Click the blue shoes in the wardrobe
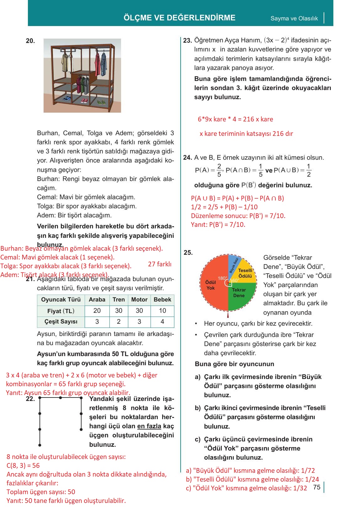point(67,99)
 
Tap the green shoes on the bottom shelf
point(101,102)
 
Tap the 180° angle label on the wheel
point(222,278)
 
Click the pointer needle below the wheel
point(228,314)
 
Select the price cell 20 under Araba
point(97,311)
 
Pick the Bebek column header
point(162,300)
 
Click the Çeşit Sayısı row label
point(61,322)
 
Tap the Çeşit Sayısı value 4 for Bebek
point(162,322)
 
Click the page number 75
point(317,487)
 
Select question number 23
point(187,40)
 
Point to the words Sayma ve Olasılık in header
point(294,18)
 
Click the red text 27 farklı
point(160,264)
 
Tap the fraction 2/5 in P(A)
point(219,170)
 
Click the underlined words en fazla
point(149,426)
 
